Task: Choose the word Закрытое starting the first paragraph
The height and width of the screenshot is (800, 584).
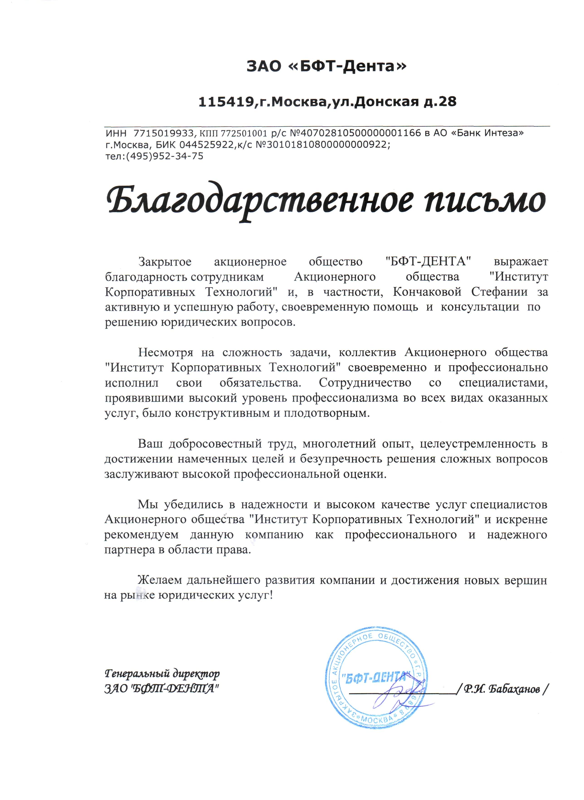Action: (165, 262)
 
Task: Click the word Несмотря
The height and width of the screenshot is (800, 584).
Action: (165, 353)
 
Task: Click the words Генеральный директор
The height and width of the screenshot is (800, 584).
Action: (162, 674)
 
